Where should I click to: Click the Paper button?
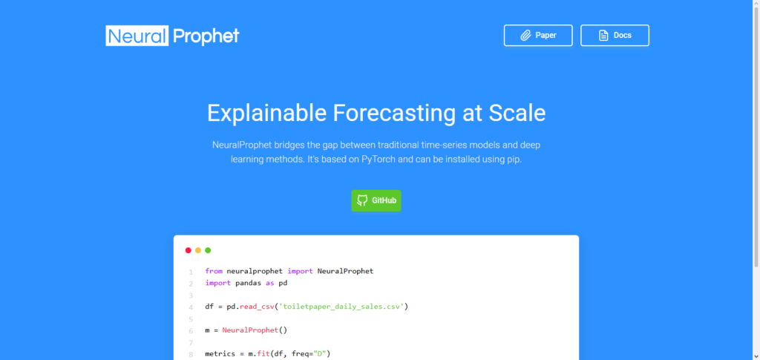(538, 36)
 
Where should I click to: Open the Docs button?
(615, 36)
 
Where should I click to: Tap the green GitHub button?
(376, 200)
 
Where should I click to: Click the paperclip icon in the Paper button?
(526, 36)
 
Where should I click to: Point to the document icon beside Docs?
(603, 36)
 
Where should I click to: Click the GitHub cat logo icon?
(362, 200)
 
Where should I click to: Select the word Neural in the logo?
(137, 36)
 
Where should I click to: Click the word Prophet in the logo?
(206, 36)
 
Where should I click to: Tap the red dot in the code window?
(188, 250)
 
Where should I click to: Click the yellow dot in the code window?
(197, 250)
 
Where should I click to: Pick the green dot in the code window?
(208, 250)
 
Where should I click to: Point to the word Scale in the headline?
(517, 113)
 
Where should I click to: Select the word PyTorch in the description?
(379, 160)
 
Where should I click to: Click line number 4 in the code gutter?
(191, 307)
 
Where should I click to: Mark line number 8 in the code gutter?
(191, 355)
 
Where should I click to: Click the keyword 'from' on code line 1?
(214, 271)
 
